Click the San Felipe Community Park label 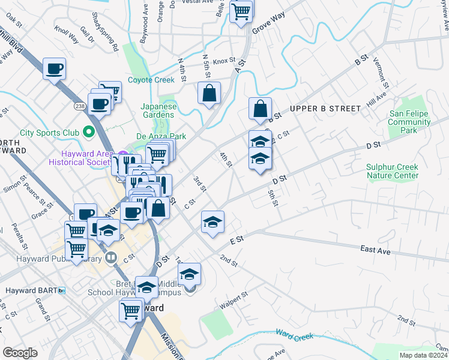pyautogui.click(x=410, y=122)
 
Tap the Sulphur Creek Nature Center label pyautogui.click(x=393, y=171)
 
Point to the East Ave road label pyautogui.click(x=376, y=248)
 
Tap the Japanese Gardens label pyautogui.click(x=158, y=111)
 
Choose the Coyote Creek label pyautogui.click(x=151, y=80)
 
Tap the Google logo pyautogui.click(x=20, y=353)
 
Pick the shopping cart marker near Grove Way pyautogui.click(x=241, y=11)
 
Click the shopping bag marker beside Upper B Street pyautogui.click(x=260, y=109)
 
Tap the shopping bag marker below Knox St pyautogui.click(x=209, y=94)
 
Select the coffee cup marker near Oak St pyautogui.click(x=55, y=70)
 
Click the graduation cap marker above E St pyautogui.click(x=212, y=223)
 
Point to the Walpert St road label pyautogui.click(x=234, y=300)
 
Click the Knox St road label pyautogui.click(x=224, y=61)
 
